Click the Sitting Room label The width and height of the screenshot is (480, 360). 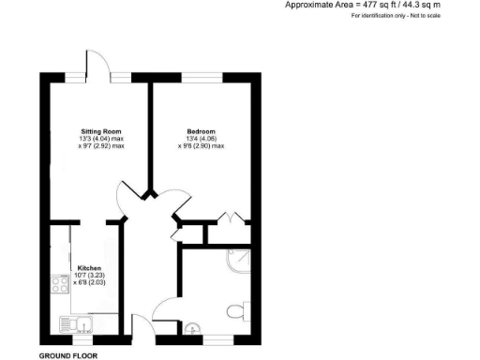[100, 130]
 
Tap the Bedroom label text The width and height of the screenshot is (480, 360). [202, 130]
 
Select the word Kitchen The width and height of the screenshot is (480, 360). [89, 266]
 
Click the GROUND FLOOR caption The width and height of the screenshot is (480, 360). [67, 356]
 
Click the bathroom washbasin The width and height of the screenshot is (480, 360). [192, 328]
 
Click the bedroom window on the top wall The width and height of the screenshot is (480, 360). [202, 75]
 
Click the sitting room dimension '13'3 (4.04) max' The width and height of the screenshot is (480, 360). [100, 139]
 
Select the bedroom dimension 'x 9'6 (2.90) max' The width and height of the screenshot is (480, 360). [201, 146]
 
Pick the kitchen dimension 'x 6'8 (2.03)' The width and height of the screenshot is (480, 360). [90, 282]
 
